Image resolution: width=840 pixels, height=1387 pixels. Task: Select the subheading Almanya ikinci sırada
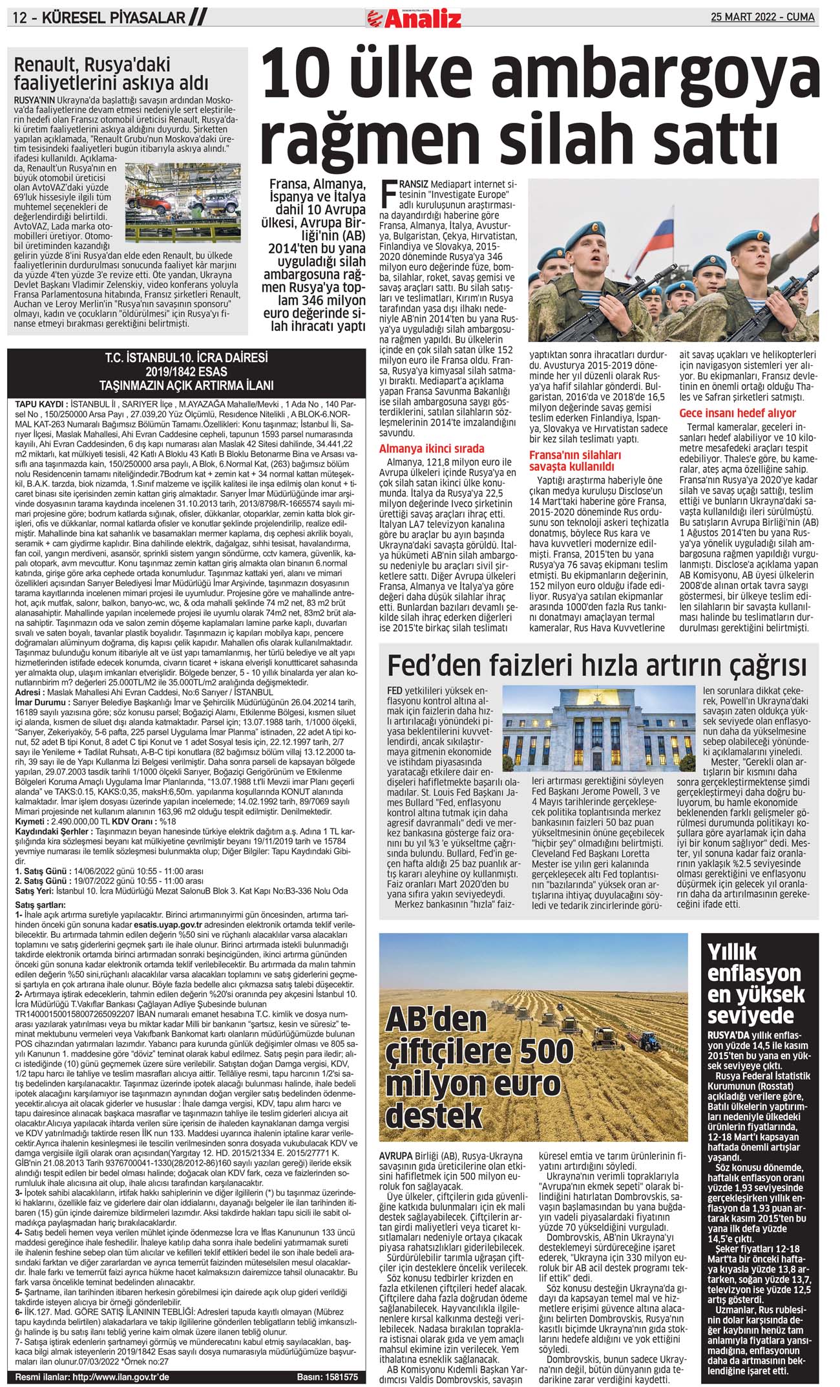432,448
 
